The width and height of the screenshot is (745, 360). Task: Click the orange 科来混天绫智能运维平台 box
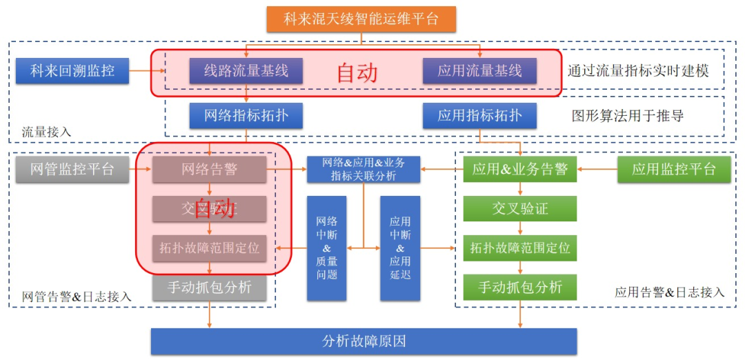[361, 18]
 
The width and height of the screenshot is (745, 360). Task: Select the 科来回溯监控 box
[72, 70]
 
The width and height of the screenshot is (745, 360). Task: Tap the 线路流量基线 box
[246, 70]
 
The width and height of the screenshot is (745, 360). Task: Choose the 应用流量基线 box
[479, 70]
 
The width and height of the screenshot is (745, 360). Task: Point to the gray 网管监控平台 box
[72, 169]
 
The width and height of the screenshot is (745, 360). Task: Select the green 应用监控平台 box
[674, 169]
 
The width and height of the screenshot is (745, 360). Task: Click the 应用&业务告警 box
[519, 169]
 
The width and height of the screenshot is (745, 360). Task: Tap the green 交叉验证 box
[519, 208]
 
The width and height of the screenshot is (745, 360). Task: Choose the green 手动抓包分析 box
[519, 287]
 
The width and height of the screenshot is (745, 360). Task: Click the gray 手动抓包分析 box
[210, 287]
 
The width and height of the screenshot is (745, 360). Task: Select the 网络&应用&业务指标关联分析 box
[364, 169]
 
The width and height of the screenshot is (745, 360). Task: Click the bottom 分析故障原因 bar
[364, 341]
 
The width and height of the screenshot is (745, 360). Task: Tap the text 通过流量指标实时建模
[638, 71]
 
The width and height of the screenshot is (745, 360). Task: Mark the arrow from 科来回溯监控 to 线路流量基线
[146, 70]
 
